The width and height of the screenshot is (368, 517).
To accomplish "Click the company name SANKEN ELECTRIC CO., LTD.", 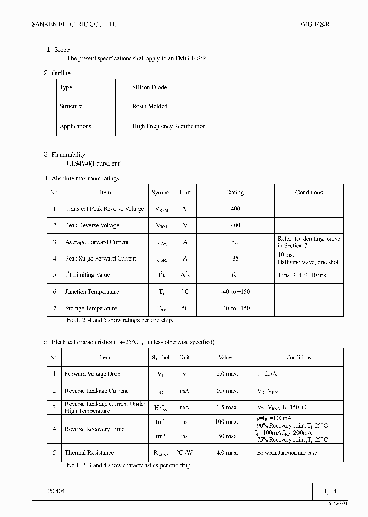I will [x=74, y=24].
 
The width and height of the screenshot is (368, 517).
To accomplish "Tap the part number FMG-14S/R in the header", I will [x=317, y=24].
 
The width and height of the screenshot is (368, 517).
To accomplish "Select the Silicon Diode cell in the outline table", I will [x=149, y=87].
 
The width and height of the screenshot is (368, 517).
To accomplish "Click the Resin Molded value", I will [x=149, y=106].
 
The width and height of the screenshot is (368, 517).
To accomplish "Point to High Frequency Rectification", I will [x=169, y=126].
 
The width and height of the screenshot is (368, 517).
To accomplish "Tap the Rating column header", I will [x=235, y=193].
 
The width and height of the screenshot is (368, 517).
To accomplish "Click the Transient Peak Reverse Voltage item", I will [x=104, y=209].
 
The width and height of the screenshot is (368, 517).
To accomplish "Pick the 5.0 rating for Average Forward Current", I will [x=235, y=242].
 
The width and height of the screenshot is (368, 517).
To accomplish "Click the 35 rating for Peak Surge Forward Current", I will [x=235, y=258].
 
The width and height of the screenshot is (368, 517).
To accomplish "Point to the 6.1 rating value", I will [x=235, y=275].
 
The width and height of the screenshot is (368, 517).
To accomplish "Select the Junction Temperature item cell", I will [x=92, y=292].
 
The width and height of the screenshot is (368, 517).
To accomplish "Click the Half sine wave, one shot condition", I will [x=308, y=262].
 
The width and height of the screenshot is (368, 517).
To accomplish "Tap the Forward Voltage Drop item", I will [x=93, y=374].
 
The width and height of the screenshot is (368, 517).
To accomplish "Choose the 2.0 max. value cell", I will [x=226, y=374].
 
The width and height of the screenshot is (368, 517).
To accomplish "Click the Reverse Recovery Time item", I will [x=95, y=429].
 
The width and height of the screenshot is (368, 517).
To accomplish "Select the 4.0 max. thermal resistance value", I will [x=226, y=453].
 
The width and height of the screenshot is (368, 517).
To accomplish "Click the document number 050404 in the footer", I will [x=56, y=491].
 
